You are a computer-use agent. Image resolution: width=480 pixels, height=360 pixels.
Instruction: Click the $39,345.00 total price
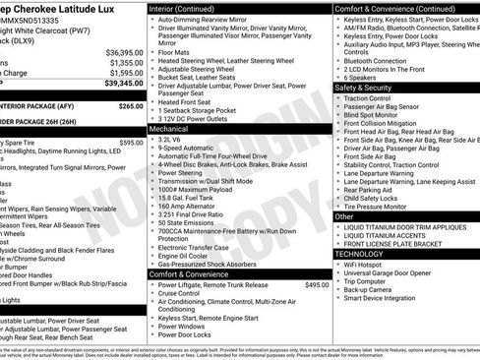pyautogui.click(x=124, y=84)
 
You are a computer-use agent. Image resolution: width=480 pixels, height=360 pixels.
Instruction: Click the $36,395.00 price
pyautogui.click(x=125, y=51)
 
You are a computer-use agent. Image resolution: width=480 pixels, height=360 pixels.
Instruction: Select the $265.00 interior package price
pyautogui.click(x=130, y=105)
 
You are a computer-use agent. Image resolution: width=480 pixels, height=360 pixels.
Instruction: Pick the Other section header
pyautogui.click(x=345, y=215)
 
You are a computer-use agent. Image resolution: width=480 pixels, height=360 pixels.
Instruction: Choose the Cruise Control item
pyautogui.click(x=180, y=294)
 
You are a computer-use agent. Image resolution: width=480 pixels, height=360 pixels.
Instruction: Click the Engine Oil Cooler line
pyautogui.click(x=185, y=255)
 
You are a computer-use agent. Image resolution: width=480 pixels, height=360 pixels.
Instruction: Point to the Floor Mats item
pyautogui.click(x=175, y=50)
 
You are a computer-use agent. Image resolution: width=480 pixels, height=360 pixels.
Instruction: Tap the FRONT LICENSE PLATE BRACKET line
pyautogui.click(x=399, y=243)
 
